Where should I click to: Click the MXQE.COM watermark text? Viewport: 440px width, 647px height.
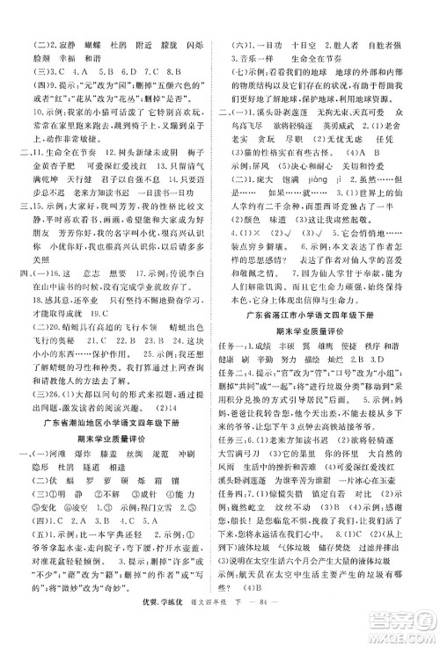point(408,634)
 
